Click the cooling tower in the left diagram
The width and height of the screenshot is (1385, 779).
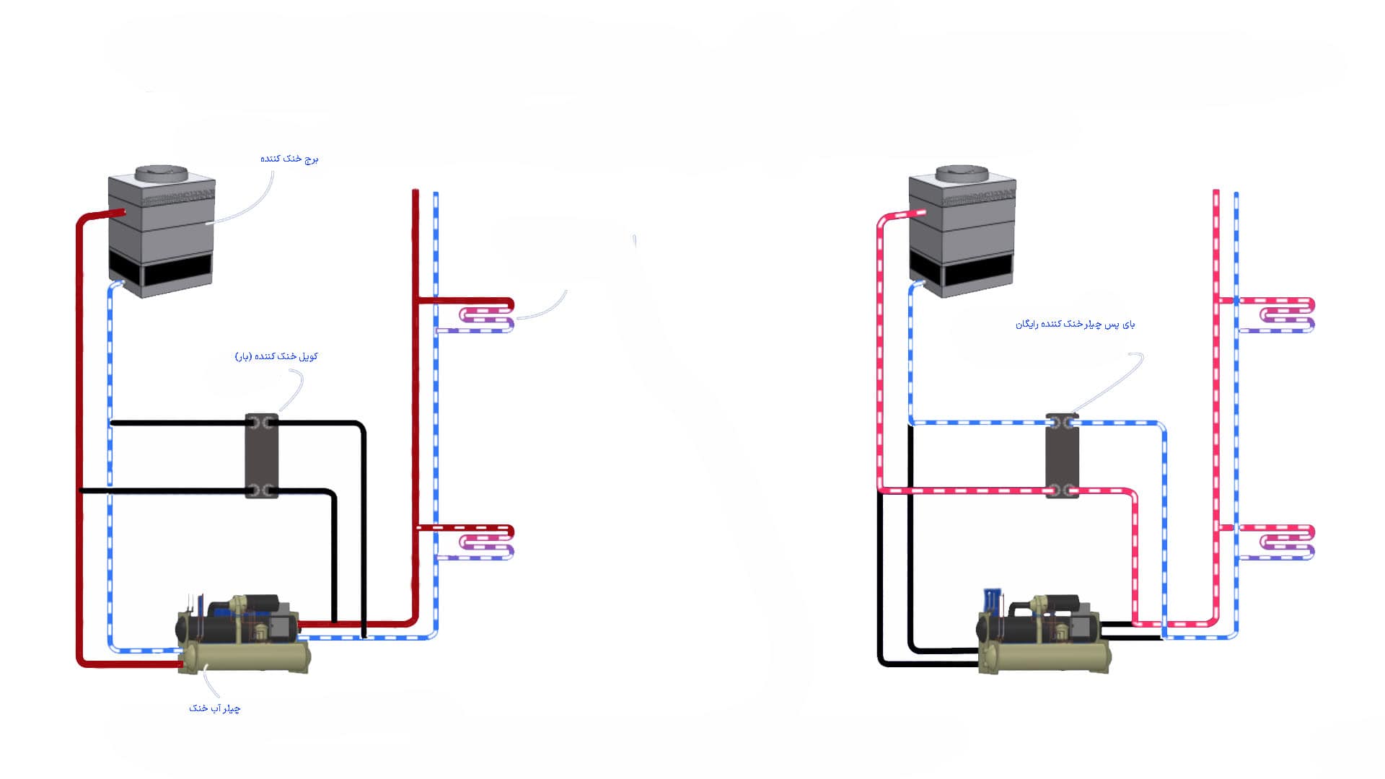pyautogui.click(x=162, y=231)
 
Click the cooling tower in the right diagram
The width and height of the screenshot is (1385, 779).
pyautogui.click(x=962, y=231)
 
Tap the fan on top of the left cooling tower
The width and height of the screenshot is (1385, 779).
pyautogui.click(x=162, y=174)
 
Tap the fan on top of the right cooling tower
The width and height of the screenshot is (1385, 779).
pyautogui.click(x=962, y=174)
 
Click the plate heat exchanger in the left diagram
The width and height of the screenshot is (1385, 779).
pyautogui.click(x=261, y=456)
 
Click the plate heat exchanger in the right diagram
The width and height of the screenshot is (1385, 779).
pyautogui.click(x=1062, y=456)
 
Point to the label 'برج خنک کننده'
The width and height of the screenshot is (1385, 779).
pyautogui.click(x=289, y=159)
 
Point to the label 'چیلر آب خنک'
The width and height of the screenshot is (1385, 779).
pyautogui.click(x=215, y=708)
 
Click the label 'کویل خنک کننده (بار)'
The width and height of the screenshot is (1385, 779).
pyautogui.click(x=276, y=356)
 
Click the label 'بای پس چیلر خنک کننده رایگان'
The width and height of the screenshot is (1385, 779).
pyautogui.click(x=1075, y=325)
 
